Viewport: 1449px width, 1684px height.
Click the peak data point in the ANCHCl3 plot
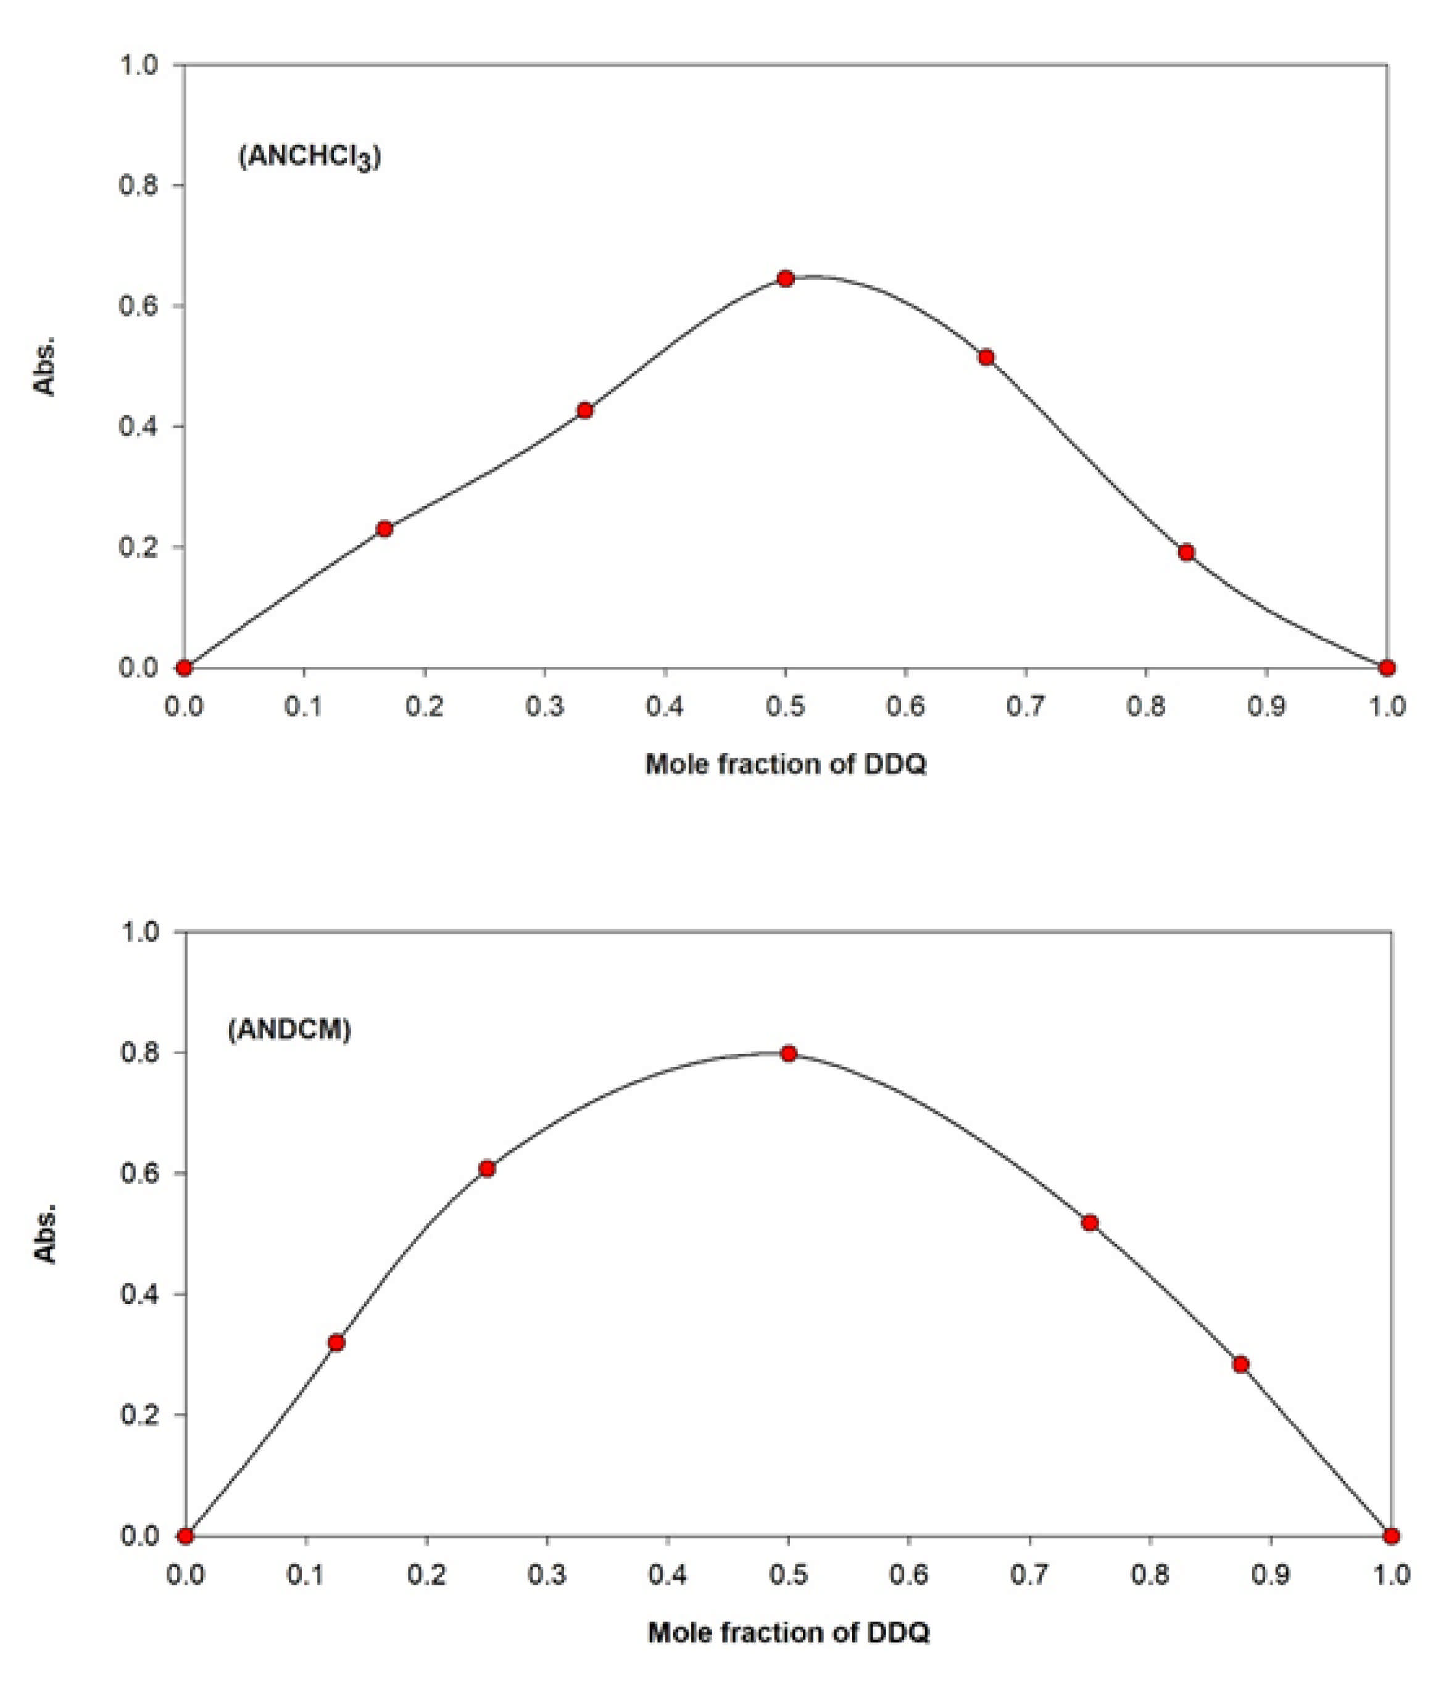[785, 279]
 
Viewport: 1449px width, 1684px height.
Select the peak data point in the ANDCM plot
[787, 1053]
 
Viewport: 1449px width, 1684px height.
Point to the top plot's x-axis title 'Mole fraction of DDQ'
[786, 765]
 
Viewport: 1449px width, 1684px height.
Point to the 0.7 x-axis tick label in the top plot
[1026, 707]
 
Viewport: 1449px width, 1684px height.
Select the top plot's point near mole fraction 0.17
[384, 529]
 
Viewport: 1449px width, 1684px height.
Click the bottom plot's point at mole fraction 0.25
[487, 1169]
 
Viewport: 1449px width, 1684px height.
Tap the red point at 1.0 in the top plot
[1387, 668]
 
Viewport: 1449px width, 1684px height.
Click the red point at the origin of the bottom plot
[185, 1536]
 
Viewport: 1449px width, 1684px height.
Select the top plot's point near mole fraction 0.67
[986, 358]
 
